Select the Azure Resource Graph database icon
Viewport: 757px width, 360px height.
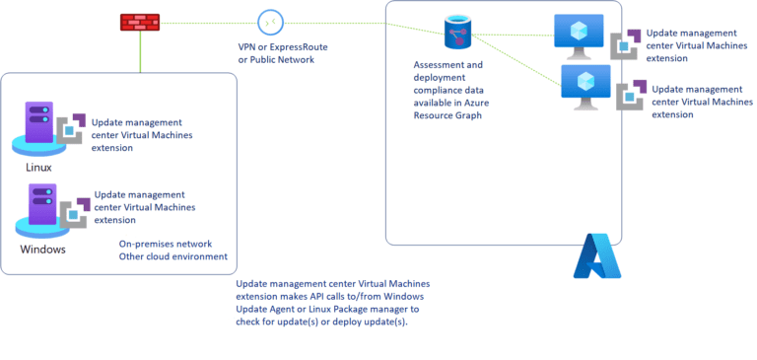[x=456, y=34]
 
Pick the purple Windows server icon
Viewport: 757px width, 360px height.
[x=36, y=213]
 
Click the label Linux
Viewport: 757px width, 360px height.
[x=38, y=168]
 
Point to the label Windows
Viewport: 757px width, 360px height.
[x=43, y=250]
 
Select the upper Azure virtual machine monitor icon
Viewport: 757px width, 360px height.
[x=578, y=33]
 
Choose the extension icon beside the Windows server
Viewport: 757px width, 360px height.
[x=74, y=211]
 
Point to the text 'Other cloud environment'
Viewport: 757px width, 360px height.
[x=172, y=256]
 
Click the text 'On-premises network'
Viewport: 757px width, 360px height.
[x=166, y=244]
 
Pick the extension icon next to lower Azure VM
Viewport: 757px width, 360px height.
[x=631, y=96]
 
